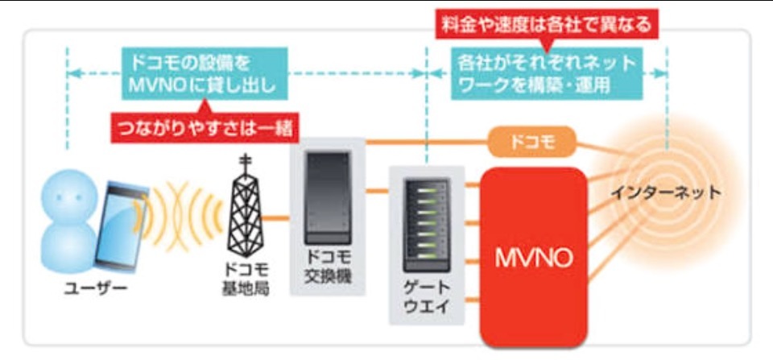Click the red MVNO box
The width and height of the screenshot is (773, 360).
click(x=533, y=256)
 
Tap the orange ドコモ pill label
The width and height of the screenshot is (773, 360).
click(x=532, y=143)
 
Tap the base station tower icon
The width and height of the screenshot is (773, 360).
click(x=246, y=209)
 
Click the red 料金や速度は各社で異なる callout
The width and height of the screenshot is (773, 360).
click(x=547, y=25)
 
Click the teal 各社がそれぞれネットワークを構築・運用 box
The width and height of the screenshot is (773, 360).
click(x=547, y=72)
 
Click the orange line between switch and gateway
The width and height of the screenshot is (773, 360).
click(x=376, y=192)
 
